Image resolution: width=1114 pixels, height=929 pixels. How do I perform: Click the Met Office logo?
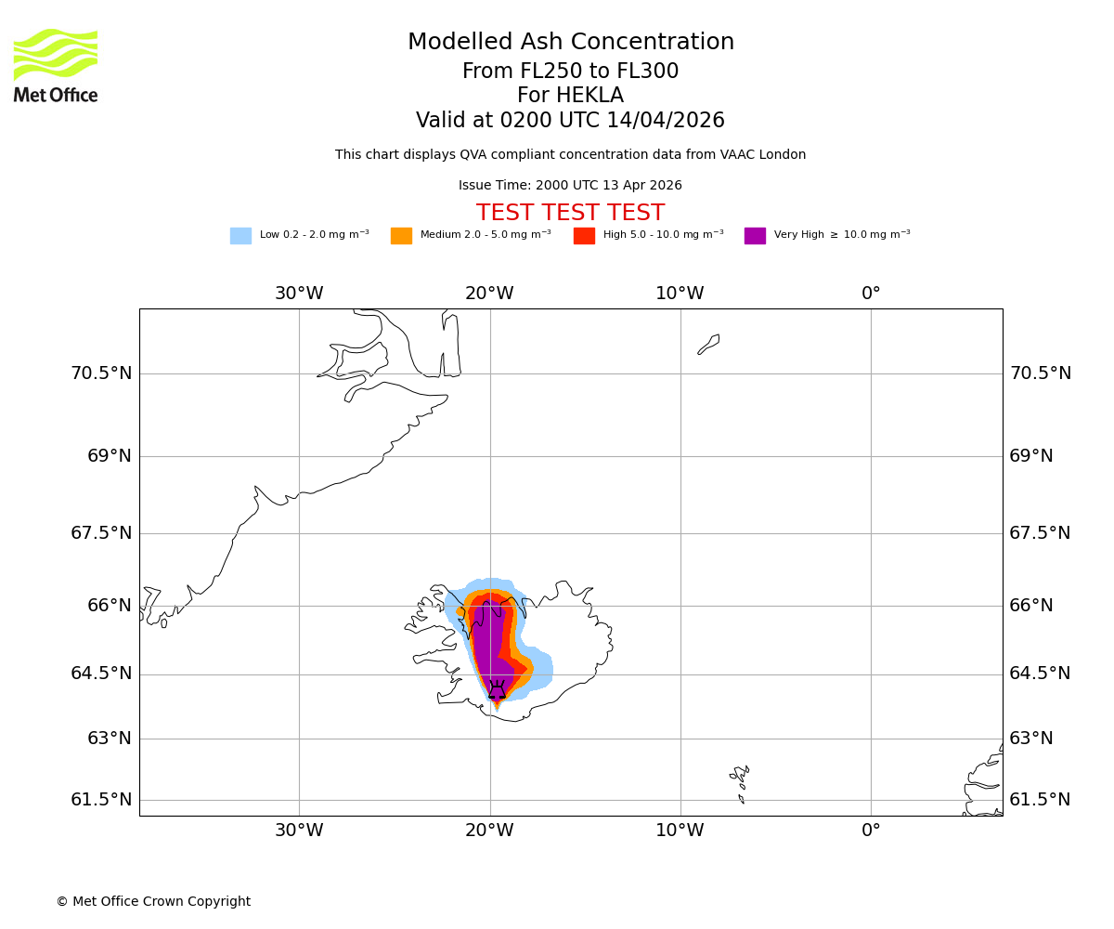(56, 65)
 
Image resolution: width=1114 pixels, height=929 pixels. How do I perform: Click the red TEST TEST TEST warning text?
(570, 213)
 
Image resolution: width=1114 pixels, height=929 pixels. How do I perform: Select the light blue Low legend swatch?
(240, 236)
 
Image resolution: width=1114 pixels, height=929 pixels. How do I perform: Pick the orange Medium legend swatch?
(401, 236)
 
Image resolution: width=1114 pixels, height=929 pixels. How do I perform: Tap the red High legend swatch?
(584, 236)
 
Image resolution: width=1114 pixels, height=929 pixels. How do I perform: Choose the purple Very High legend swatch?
(755, 236)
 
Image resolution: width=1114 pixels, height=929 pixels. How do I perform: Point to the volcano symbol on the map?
(497, 690)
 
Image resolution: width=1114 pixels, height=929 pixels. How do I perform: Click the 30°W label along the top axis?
(299, 294)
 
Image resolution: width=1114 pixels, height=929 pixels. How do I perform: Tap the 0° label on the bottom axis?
(871, 831)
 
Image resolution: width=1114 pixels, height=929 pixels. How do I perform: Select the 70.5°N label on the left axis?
(101, 373)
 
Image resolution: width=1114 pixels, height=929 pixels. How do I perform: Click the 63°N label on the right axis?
(1031, 739)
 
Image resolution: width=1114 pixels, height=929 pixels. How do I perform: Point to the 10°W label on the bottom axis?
(680, 831)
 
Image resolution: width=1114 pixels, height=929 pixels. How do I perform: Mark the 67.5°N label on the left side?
(101, 533)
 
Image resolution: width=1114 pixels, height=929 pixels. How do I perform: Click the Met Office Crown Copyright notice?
(153, 901)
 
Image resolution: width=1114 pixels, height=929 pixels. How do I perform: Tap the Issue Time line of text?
(570, 186)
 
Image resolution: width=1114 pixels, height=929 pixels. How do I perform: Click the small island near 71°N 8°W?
(708, 344)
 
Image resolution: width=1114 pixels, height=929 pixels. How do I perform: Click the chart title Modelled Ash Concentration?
(570, 43)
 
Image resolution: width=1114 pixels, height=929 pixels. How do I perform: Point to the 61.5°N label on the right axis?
(1040, 800)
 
